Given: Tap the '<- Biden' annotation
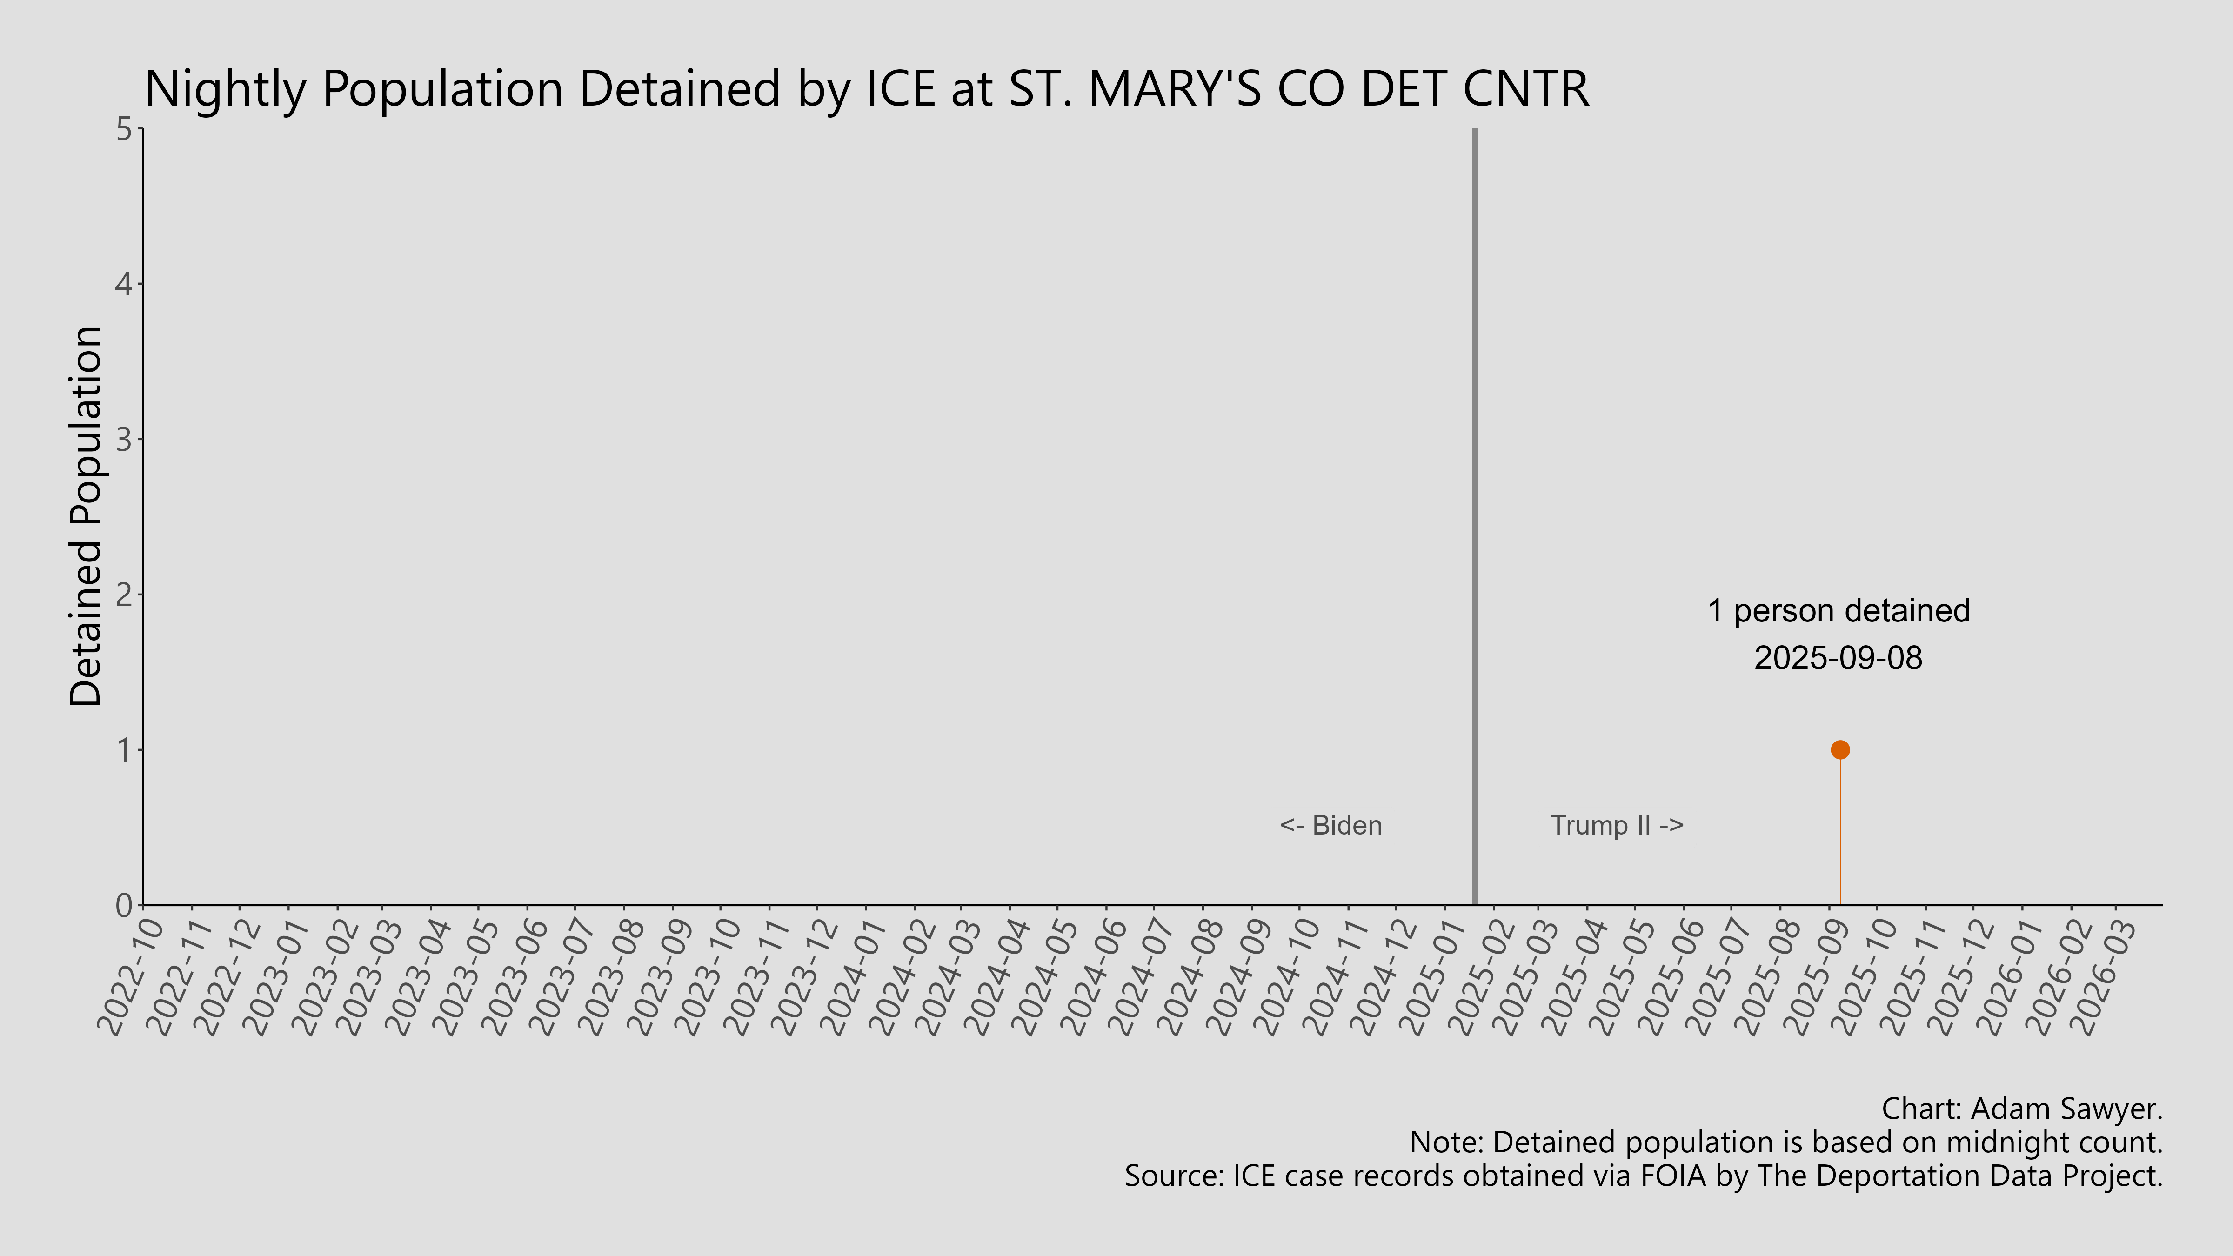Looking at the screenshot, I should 1330,825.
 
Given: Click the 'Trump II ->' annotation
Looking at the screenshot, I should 1617,825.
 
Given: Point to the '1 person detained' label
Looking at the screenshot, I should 1839,611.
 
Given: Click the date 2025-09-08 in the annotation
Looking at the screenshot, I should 1839,658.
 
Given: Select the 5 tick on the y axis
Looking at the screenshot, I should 124,130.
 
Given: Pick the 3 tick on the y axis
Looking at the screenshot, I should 124,440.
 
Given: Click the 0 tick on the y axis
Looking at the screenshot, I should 124,905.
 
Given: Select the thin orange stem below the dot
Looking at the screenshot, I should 1839,832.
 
